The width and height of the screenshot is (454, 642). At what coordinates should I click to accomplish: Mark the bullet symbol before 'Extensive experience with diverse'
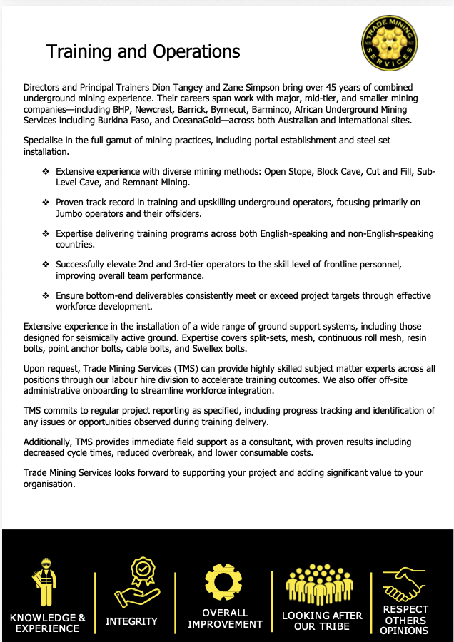46,172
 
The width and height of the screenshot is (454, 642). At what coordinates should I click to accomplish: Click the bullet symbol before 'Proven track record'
46,203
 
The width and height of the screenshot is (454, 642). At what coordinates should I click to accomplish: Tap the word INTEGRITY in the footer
131,621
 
